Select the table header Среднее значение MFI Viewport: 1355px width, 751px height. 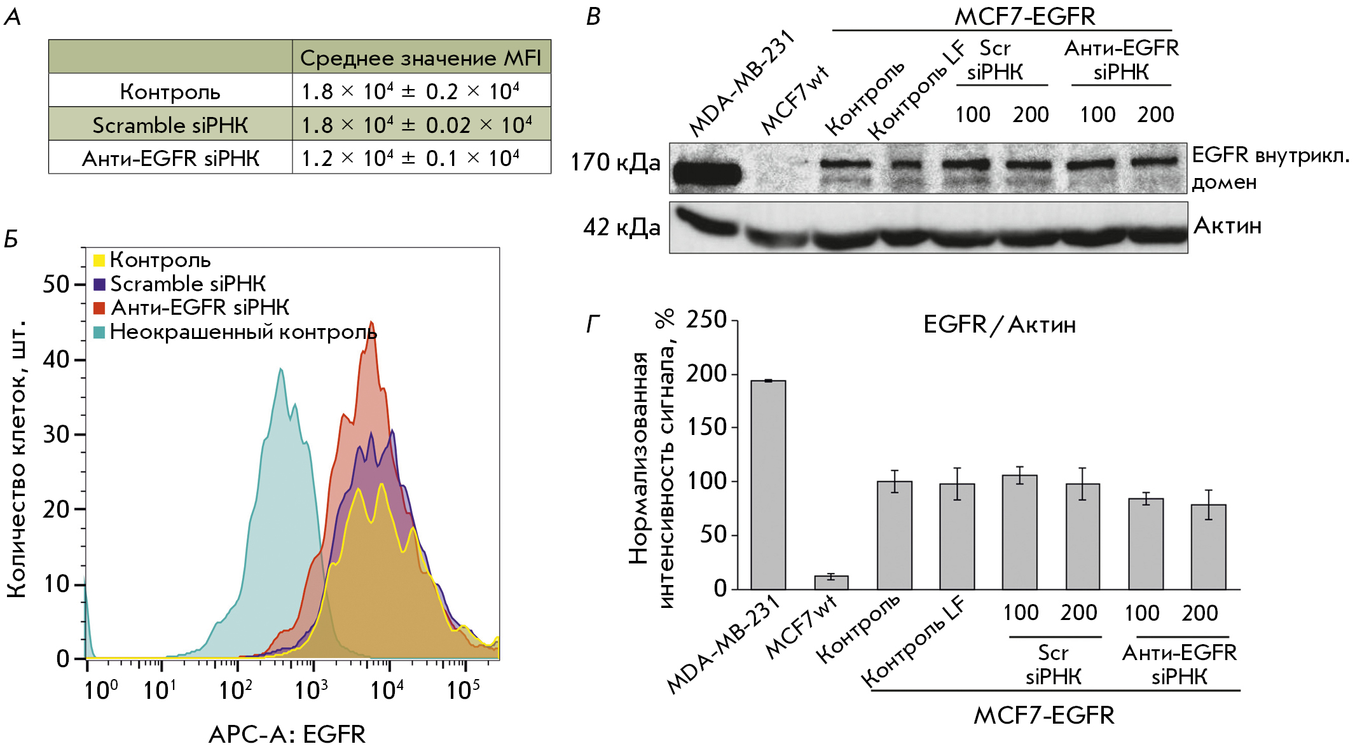420,58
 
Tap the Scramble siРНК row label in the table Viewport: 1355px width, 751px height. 170,125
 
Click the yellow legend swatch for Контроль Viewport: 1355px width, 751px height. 99,260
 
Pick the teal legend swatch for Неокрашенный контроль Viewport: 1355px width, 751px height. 99,332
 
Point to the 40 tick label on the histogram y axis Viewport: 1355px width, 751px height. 56,360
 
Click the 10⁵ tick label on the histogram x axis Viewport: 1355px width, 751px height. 463,689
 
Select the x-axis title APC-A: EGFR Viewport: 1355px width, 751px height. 287,734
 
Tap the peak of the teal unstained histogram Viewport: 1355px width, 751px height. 280,369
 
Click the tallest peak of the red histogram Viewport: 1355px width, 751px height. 371,323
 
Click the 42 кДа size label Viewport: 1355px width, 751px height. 621,227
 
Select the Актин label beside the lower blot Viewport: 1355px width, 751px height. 1227,226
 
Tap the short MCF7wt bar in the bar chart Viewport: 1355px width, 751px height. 831,582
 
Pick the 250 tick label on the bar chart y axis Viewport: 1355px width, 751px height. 706,319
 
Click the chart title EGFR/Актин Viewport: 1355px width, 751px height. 999,325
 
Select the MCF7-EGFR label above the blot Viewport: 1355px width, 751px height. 1025,17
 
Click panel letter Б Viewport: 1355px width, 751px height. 11,239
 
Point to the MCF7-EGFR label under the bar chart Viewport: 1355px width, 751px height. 1043,715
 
